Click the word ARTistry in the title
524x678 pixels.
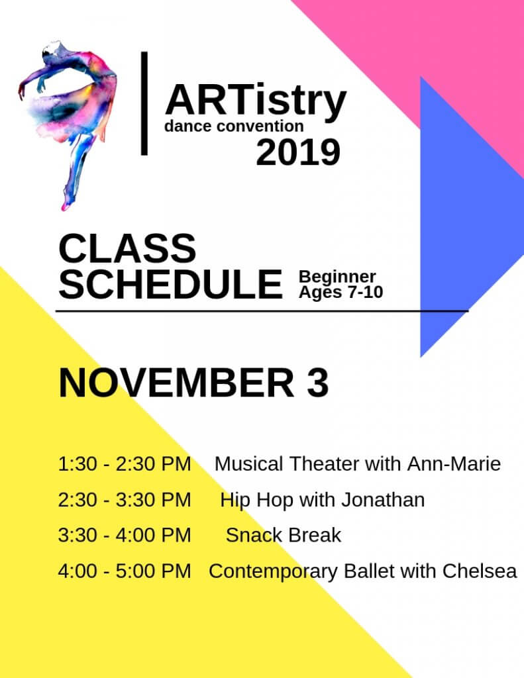click(x=256, y=101)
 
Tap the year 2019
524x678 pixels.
click(x=298, y=153)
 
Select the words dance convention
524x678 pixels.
click(x=234, y=126)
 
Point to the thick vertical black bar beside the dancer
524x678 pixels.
click(x=144, y=103)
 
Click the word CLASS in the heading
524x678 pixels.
click(x=127, y=248)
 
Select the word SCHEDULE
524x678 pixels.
click(x=170, y=284)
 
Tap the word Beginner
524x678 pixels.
click(x=337, y=276)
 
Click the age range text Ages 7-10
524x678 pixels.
click(x=341, y=292)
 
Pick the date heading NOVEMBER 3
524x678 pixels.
click(x=193, y=383)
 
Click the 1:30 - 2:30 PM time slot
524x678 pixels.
click(x=125, y=464)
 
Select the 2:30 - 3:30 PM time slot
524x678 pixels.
click(x=125, y=500)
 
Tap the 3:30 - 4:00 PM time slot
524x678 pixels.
click(x=125, y=535)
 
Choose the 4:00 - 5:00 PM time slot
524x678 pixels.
click(x=125, y=571)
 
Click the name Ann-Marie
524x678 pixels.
click(x=454, y=464)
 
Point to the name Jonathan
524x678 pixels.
click(x=383, y=500)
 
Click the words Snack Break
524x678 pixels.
click(x=284, y=535)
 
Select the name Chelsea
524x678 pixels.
click(x=480, y=571)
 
